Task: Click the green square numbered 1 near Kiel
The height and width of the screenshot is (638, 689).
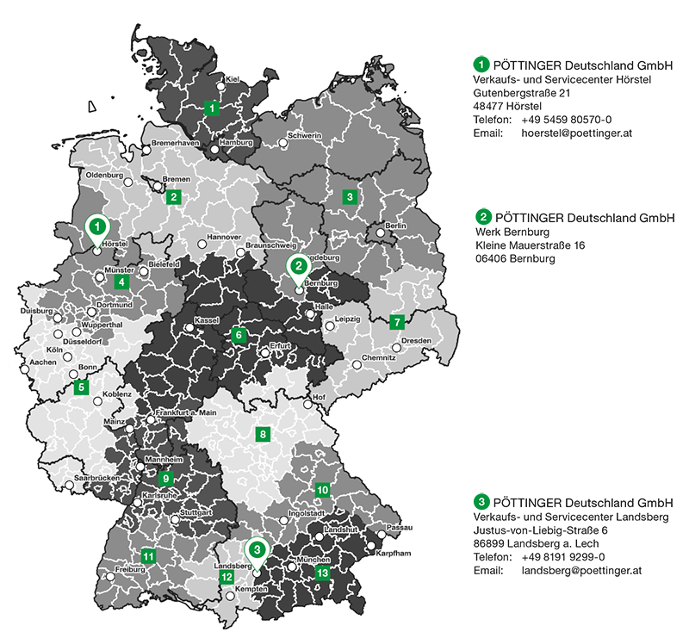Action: tap(213, 108)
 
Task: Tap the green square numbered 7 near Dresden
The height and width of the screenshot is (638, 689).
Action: tap(397, 323)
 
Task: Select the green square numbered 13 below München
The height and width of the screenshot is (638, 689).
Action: tap(322, 572)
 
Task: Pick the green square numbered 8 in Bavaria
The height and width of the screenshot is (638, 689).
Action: tap(263, 434)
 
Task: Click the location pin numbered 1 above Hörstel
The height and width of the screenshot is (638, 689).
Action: tap(99, 228)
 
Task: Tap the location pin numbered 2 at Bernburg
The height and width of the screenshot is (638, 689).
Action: tap(297, 268)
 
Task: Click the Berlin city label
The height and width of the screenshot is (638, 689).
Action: tap(395, 226)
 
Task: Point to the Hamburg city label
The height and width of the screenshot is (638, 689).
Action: tap(235, 142)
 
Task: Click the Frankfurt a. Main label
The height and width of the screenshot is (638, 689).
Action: tap(185, 414)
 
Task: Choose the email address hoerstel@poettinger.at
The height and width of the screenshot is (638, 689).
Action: tap(577, 133)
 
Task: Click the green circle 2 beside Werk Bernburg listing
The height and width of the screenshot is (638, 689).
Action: tap(482, 217)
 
